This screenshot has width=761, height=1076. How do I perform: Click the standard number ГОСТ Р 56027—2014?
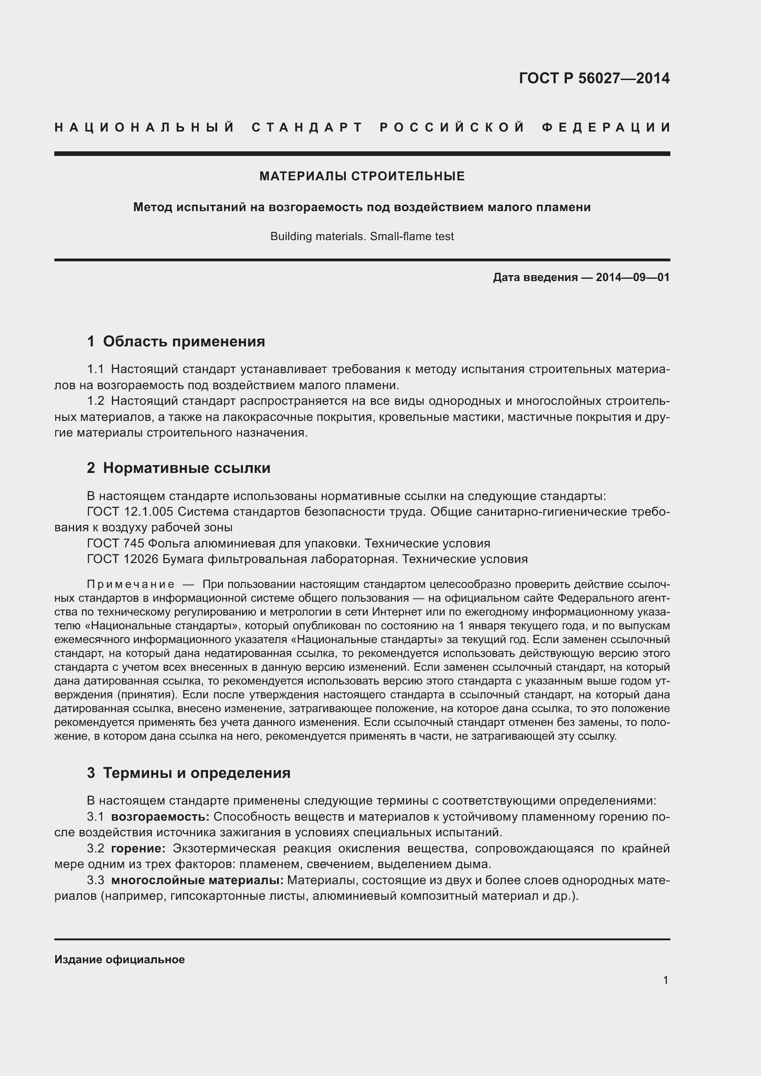click(594, 78)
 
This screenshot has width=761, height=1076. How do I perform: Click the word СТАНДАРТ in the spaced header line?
click(307, 127)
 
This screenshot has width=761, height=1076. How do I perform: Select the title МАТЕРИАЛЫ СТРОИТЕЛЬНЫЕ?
click(362, 176)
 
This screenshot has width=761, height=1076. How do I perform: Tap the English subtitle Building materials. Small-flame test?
click(362, 236)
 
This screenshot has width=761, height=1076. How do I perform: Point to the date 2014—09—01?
click(633, 277)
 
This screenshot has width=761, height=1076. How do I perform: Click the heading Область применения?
click(184, 341)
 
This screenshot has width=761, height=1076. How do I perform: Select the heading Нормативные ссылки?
click(186, 468)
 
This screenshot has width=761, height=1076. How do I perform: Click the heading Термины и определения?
click(196, 772)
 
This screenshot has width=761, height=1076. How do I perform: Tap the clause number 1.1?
click(95, 369)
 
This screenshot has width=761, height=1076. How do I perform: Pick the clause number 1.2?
click(95, 401)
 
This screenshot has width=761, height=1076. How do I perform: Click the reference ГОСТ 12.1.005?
click(130, 511)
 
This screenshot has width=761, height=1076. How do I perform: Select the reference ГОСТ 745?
click(115, 543)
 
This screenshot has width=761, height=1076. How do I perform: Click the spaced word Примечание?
click(131, 584)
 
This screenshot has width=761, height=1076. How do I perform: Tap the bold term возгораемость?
click(160, 817)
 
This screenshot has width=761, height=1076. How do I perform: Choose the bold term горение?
click(138, 848)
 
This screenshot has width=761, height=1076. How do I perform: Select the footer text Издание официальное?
click(120, 959)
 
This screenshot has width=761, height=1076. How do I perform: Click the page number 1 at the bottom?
click(666, 980)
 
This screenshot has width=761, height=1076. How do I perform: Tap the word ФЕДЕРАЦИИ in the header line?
click(606, 127)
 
